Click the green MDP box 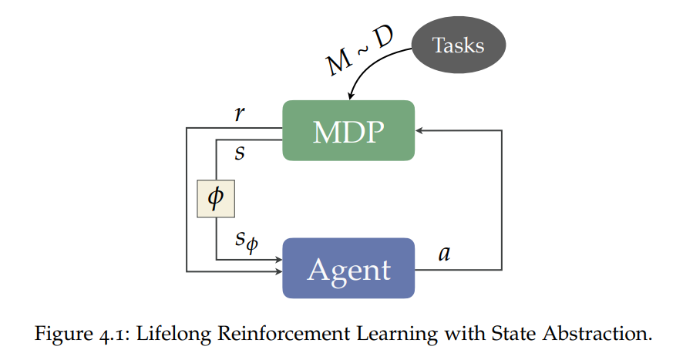348,130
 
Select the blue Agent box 348,268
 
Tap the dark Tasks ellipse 458,45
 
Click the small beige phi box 215,198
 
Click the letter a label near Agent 443,254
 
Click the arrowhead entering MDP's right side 420,131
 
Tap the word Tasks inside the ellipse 458,45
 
